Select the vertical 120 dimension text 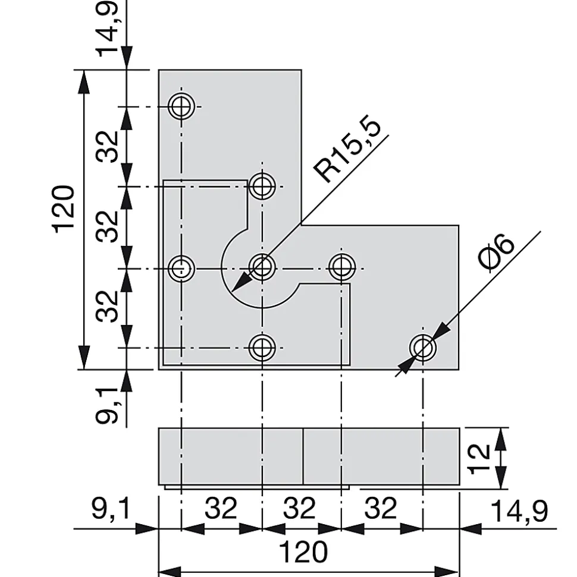[64, 209]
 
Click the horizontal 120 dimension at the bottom [303, 552]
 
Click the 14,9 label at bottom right [519, 511]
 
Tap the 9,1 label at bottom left [111, 509]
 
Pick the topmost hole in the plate [181, 107]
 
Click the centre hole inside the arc [262, 267]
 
